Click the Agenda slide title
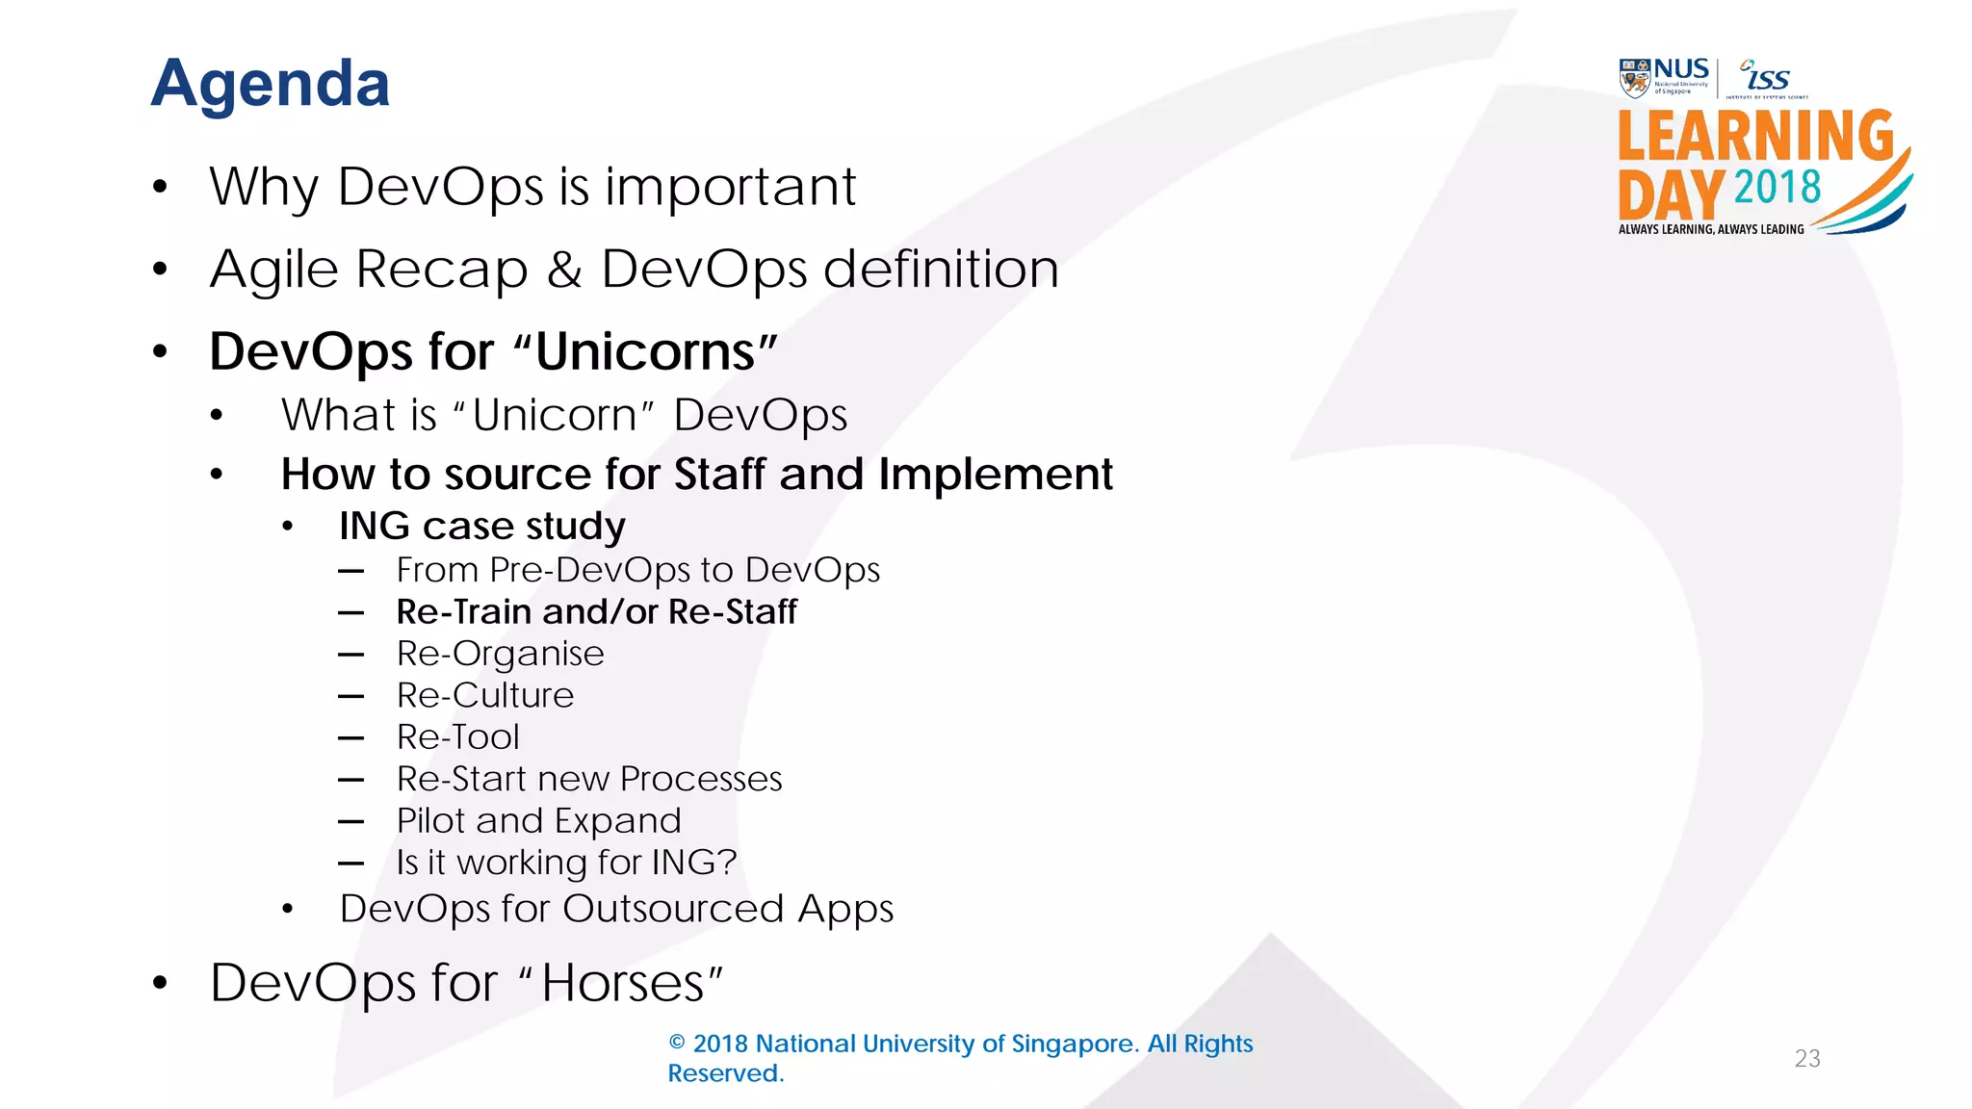(271, 84)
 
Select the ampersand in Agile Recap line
(564, 270)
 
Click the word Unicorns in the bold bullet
(645, 351)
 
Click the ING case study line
(481, 526)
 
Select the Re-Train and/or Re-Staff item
(596, 611)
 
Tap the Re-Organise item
(500, 654)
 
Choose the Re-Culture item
(484, 695)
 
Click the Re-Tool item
(457, 737)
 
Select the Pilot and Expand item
(538, 820)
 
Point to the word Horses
(622, 983)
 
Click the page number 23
(1806, 1058)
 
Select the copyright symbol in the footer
(677, 1044)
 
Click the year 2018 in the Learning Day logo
(1777, 187)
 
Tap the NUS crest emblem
(1634, 79)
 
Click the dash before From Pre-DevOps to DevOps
(350, 571)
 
